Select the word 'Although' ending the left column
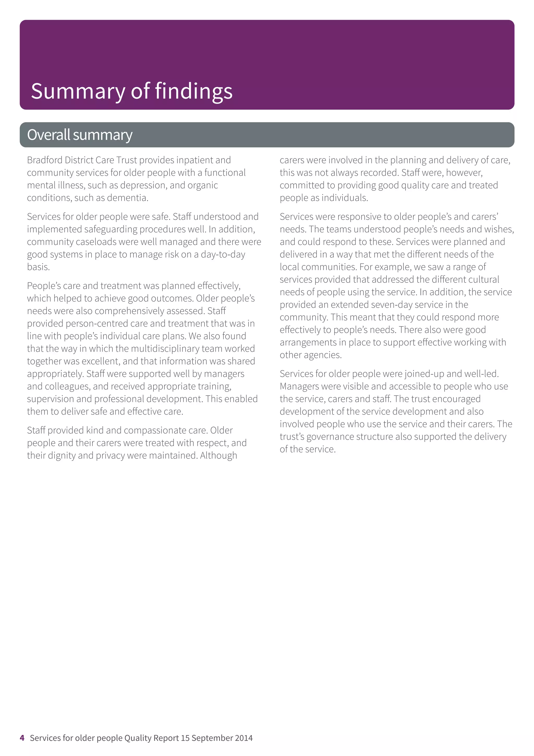pos(219,456)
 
